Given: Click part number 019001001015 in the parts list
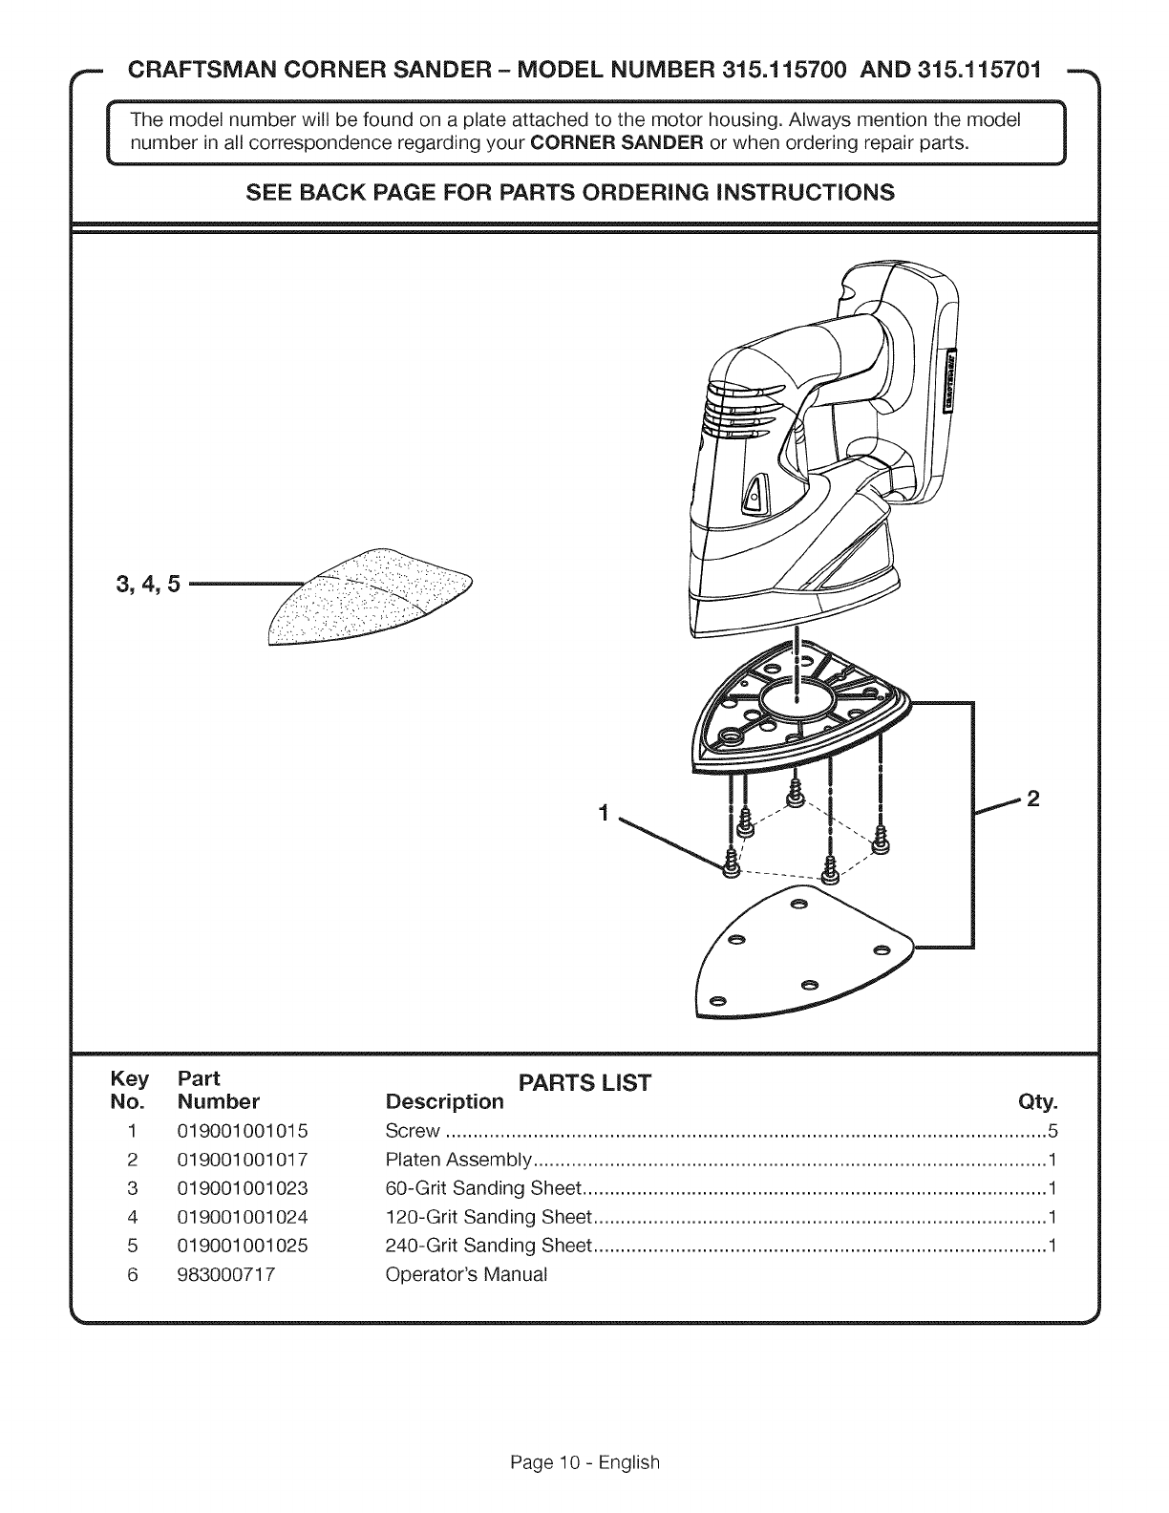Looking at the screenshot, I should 242,1132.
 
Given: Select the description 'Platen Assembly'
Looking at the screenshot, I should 457,1161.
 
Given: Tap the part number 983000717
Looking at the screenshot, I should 226,1274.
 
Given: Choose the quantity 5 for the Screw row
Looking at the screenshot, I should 1053,1132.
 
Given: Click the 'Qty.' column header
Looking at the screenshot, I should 1038,1103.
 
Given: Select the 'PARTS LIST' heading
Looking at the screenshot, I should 584,1083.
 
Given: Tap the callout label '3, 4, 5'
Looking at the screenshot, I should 148,584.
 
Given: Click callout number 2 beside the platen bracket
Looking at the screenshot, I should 1031,799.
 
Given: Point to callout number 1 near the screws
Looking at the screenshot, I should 603,814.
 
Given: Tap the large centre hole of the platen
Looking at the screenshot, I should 796,689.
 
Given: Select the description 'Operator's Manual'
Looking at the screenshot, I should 466,1274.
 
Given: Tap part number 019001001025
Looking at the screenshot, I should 242,1246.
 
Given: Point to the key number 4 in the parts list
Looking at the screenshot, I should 134,1217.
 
